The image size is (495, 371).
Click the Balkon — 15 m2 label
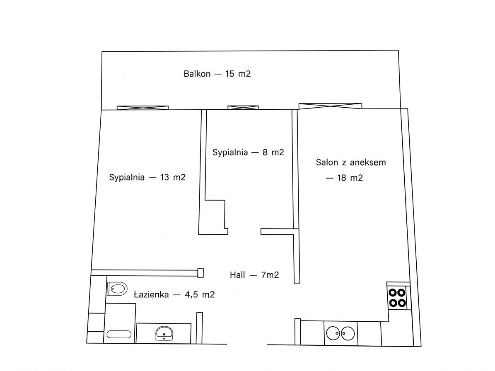point(217,74)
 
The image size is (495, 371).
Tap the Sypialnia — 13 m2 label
point(147,177)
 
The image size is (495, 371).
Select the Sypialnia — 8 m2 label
point(248,152)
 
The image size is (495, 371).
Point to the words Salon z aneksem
point(351,162)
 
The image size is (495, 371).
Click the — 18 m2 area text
point(344,178)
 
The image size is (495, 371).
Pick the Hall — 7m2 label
point(254,275)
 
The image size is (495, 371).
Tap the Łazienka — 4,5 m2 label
point(174,294)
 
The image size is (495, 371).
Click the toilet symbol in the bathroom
point(117,289)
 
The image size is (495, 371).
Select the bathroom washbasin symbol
point(164,333)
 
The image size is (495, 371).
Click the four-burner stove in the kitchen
point(397,298)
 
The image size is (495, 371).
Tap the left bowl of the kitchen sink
point(333,333)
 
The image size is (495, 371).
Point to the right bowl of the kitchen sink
point(348,333)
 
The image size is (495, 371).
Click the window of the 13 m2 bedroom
point(142,108)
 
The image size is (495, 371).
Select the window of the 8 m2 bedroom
point(243,108)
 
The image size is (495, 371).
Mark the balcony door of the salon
point(330,106)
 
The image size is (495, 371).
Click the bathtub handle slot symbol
point(119,335)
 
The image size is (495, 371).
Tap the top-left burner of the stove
point(393,293)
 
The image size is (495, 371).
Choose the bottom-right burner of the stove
point(401,303)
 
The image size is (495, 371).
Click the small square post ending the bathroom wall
point(200,273)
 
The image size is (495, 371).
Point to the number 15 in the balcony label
point(229,74)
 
